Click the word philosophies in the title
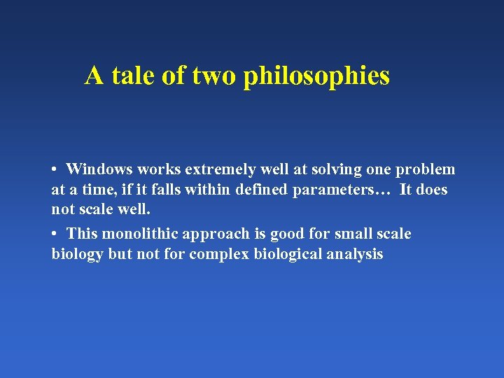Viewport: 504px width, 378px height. click(x=316, y=76)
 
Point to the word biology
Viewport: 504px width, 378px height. click(x=78, y=254)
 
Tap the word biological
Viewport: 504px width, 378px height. click(x=283, y=254)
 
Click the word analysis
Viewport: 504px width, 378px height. click(x=355, y=254)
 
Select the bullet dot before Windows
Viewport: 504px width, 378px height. click(x=55, y=170)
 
